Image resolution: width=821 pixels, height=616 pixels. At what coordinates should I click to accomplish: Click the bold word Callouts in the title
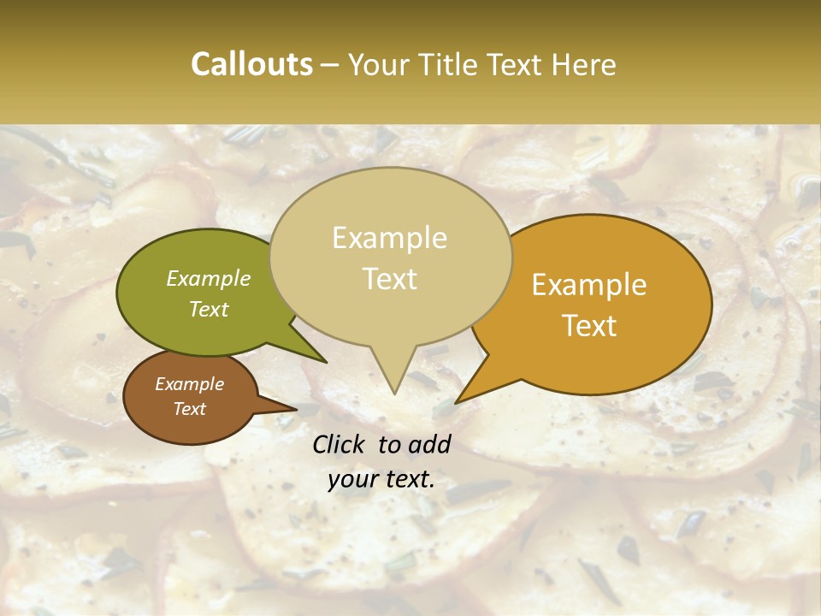[x=251, y=65]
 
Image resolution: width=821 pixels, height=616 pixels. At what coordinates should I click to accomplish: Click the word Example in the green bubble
[x=209, y=279]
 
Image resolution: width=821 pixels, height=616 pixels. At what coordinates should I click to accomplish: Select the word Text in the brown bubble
[x=190, y=409]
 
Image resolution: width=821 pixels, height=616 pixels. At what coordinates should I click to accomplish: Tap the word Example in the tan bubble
[x=390, y=239]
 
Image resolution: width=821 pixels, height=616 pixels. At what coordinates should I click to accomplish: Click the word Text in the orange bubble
[x=590, y=326]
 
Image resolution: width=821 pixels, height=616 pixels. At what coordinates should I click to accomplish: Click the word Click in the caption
[x=340, y=444]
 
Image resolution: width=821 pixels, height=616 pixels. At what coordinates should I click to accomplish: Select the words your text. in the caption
[x=381, y=480]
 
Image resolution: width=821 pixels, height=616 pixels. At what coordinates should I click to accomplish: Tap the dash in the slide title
[x=330, y=65]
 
